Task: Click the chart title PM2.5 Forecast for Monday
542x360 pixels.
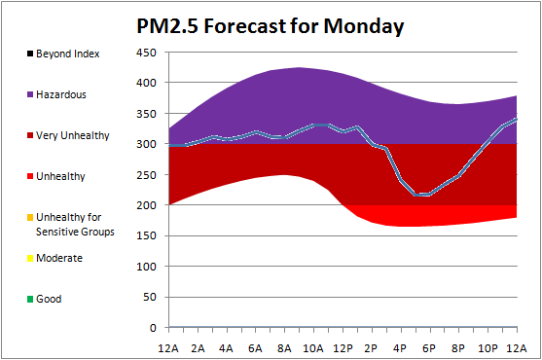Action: coord(271,26)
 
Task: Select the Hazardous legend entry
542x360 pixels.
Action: coord(56,94)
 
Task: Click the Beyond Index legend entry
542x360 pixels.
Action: coord(63,54)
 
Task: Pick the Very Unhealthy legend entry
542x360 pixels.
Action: coord(68,135)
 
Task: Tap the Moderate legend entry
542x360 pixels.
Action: coord(54,258)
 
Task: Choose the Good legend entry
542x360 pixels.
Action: coord(44,299)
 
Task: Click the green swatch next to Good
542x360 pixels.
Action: coord(30,300)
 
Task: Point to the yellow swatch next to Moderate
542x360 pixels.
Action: coord(30,258)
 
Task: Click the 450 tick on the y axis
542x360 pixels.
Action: coord(146,53)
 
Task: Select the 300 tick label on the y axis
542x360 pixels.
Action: coord(146,144)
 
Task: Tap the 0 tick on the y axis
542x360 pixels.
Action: coord(153,328)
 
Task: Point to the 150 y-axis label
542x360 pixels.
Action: coord(146,235)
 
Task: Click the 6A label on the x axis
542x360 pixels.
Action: coord(255,348)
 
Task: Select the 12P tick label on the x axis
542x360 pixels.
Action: coord(343,348)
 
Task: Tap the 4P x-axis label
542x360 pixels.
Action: coord(400,348)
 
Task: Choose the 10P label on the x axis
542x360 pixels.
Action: coord(488,348)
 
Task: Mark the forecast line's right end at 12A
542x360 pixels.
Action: coord(517,119)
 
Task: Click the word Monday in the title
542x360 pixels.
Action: coord(364,26)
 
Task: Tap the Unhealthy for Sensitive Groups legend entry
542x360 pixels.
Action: coord(70,224)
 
